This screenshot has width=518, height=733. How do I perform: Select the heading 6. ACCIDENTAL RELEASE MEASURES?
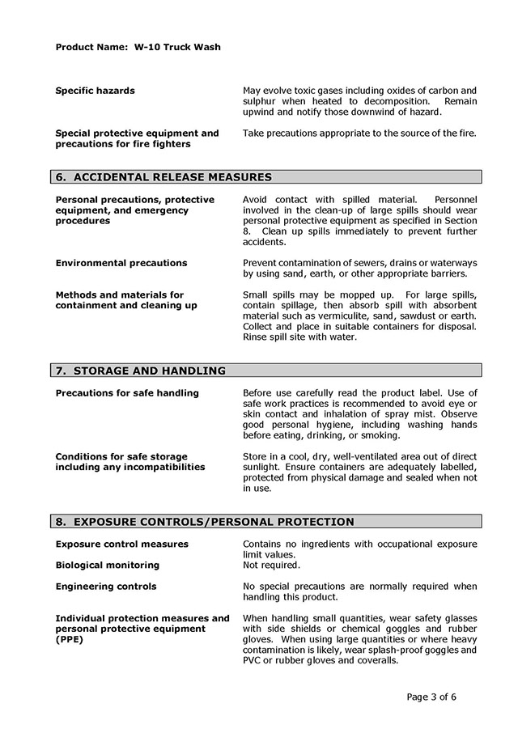[x=163, y=177]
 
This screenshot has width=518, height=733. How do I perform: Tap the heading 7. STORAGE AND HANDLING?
[x=140, y=371]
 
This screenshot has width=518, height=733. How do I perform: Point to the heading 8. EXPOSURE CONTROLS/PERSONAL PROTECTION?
[x=204, y=522]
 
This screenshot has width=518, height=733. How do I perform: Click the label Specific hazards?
[x=95, y=91]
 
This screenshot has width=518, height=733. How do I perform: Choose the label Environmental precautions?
[x=121, y=263]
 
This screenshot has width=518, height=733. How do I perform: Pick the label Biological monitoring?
[x=107, y=565]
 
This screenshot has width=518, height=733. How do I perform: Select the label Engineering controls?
[x=106, y=587]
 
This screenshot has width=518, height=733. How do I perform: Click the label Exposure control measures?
[x=121, y=544]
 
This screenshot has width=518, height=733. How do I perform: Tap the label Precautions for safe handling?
[x=127, y=393]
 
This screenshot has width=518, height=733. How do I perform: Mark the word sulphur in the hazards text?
[x=261, y=101]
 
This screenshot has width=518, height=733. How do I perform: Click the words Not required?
[x=271, y=565]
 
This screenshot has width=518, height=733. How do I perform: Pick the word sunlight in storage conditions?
[x=263, y=467]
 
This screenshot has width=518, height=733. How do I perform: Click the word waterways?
[x=451, y=263]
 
